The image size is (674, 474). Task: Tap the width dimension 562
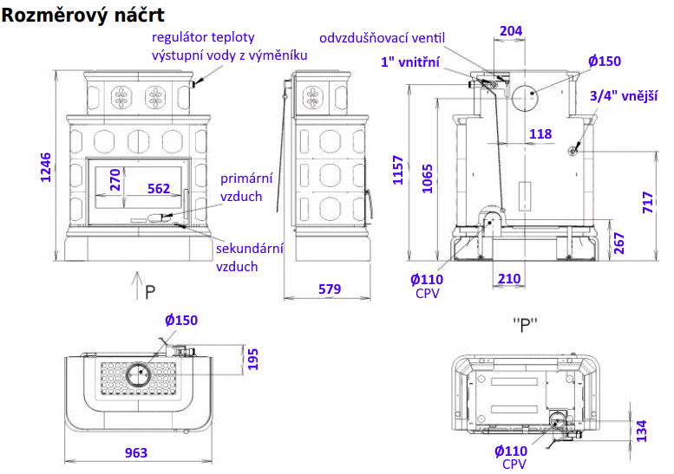pos(159,188)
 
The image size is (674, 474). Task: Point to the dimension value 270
pos(115,179)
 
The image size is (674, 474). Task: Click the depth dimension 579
pos(330,289)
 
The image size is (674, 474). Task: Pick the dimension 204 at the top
pos(512,31)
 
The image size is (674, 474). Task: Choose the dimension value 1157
pos(398,170)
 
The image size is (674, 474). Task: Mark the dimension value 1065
pos(428,177)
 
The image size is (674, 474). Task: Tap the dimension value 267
pos(618,243)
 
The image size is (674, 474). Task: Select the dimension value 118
pos(540,134)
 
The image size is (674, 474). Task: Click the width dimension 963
pos(136,452)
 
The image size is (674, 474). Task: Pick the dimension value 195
pos(253,359)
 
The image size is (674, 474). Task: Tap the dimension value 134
pos(642,431)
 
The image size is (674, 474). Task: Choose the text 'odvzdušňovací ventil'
pos(382,38)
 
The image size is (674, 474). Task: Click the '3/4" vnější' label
pos(623,95)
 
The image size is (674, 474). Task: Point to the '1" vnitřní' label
pos(411,62)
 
